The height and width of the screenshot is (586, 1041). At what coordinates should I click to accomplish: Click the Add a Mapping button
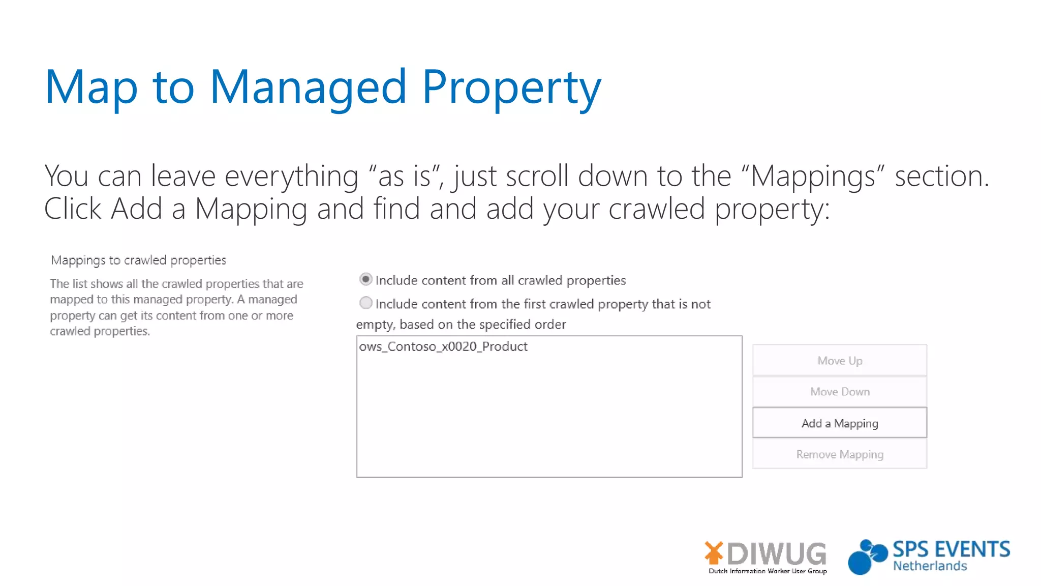839,423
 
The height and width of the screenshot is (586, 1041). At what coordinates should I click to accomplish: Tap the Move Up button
839,361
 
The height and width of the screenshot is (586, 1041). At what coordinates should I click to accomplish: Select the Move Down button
839,392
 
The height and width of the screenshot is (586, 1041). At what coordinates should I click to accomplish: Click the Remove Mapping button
839,454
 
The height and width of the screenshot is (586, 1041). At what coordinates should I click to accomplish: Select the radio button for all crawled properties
365,279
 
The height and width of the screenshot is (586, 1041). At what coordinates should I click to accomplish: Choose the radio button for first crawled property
365,303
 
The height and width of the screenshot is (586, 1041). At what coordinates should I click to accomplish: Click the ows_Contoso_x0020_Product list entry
443,346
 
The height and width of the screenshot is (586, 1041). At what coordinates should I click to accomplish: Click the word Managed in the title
308,87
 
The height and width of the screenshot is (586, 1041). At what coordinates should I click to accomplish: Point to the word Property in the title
511,87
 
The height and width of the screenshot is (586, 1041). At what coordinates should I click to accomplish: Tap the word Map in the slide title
91,87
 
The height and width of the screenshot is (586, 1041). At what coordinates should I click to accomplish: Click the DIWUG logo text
777,553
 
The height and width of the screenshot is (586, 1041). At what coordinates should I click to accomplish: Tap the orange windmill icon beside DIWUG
714,553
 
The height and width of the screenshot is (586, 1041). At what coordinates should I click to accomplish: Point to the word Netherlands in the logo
930,566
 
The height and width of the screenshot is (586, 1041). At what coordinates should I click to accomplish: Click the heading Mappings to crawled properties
138,260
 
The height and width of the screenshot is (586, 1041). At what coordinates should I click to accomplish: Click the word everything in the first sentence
291,176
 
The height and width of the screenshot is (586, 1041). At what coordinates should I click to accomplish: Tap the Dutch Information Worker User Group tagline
768,571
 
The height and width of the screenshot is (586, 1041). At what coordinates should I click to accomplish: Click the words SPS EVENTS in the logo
952,549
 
